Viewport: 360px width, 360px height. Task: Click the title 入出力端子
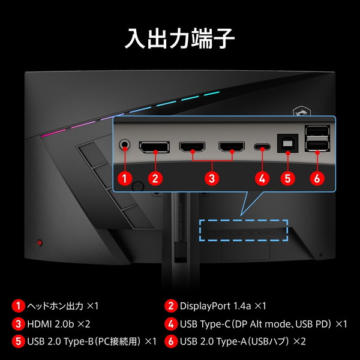pyautogui.click(x=180, y=37)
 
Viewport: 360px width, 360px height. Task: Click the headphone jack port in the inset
pyautogui.click(x=125, y=145)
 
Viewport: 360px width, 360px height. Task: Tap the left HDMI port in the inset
pyautogui.click(x=194, y=146)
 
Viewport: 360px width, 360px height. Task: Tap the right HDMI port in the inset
pyautogui.click(x=233, y=146)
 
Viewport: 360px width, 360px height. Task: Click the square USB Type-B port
pyautogui.click(x=287, y=145)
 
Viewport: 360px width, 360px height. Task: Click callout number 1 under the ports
pyautogui.click(x=125, y=178)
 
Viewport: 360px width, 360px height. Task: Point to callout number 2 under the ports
pyautogui.click(x=155, y=178)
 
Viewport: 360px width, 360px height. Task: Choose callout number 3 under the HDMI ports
pyautogui.click(x=212, y=178)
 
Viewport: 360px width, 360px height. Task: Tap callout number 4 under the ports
pyautogui.click(x=261, y=178)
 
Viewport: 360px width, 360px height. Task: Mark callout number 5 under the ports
pyautogui.click(x=287, y=178)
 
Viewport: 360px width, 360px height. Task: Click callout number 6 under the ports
pyautogui.click(x=317, y=178)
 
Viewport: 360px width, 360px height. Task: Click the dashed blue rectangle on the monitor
pyautogui.click(x=244, y=230)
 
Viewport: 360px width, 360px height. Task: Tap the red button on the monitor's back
pyautogui.click(x=40, y=242)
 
